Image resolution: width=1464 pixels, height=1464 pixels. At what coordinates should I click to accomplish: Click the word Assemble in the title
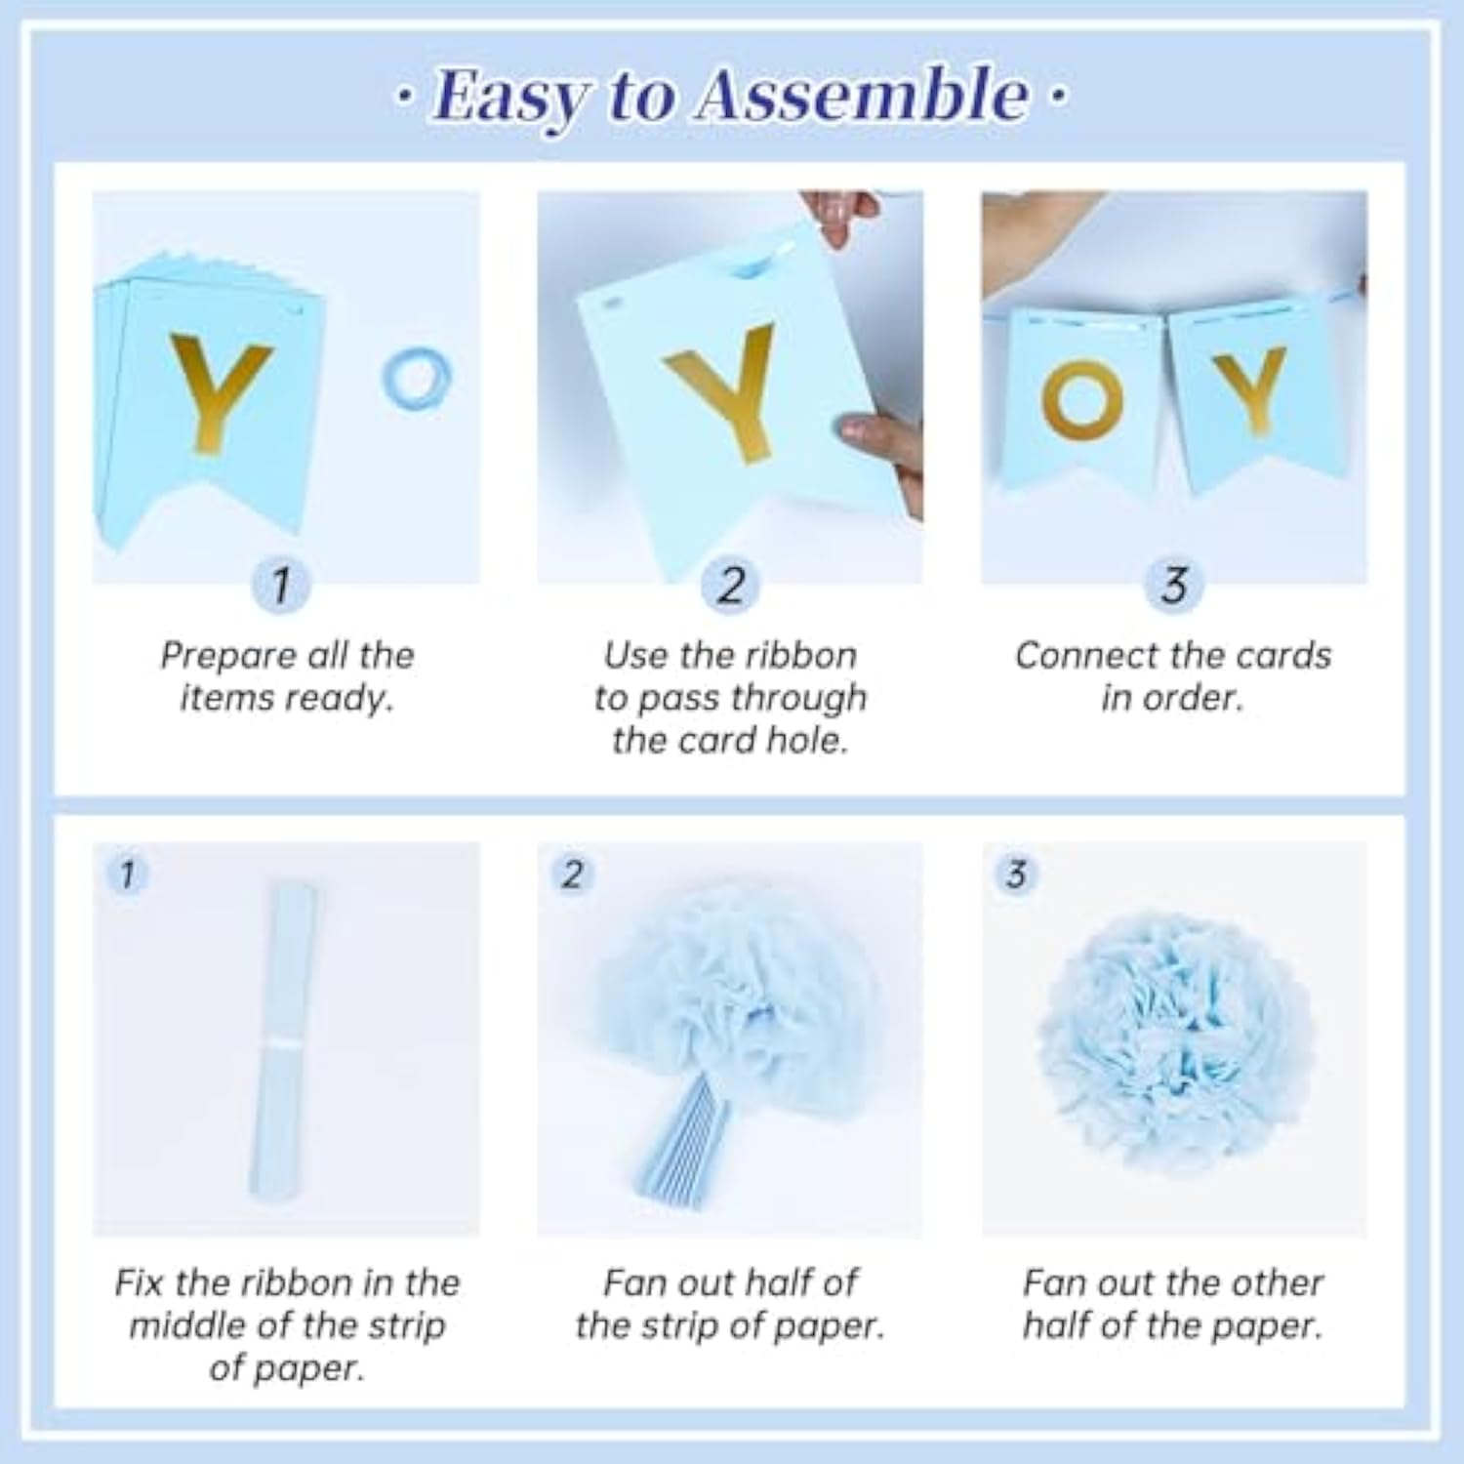pos(861,96)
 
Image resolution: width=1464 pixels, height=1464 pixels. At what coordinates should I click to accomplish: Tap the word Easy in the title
pos(510,98)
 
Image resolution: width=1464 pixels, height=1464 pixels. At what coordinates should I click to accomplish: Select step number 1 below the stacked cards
pos(281,585)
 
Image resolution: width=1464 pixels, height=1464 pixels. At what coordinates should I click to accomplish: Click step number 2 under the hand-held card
pos(730,586)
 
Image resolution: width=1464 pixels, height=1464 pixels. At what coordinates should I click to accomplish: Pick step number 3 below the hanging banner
pos(1174,586)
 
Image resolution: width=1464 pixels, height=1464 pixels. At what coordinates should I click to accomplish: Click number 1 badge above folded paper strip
pos(128,874)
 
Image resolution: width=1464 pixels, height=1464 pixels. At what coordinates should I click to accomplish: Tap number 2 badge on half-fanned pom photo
pos(573,874)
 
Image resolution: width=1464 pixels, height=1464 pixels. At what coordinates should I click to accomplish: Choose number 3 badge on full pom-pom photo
pos(1016,874)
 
